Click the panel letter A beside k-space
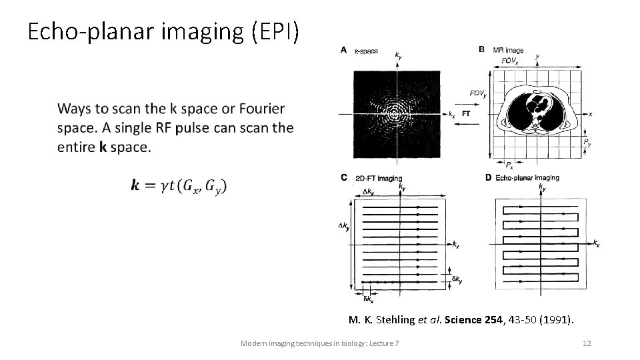[343, 49]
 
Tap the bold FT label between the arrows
[465, 114]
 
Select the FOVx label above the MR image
[510, 60]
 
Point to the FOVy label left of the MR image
[477, 94]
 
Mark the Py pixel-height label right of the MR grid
[587, 142]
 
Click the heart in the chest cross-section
[539, 106]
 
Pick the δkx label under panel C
[369, 299]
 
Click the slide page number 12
[587, 343]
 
